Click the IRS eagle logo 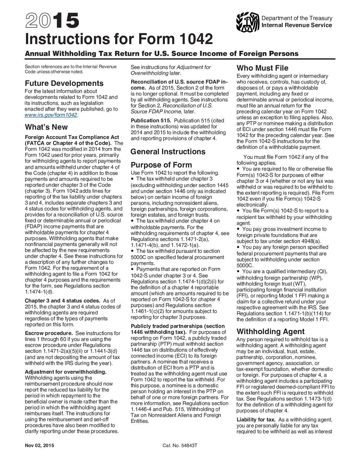[x=248, y=22]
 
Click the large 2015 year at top [x=52, y=21]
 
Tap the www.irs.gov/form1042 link [x=51, y=115]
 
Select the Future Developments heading [x=64, y=83]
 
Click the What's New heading [x=46, y=127]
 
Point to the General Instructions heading [x=168, y=152]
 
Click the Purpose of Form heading [x=161, y=165]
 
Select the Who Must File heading [x=262, y=68]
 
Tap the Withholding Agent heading [x=270, y=332]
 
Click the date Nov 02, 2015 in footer [x=39, y=445]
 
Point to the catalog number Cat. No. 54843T [x=180, y=445]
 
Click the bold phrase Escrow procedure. [x=49, y=333]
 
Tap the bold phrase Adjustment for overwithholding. [x=66, y=372]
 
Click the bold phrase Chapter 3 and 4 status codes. [x=62, y=301]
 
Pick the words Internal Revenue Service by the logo [x=296, y=25]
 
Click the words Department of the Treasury [x=297, y=18]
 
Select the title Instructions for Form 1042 [x=119, y=39]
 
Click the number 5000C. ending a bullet [x=245, y=265]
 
